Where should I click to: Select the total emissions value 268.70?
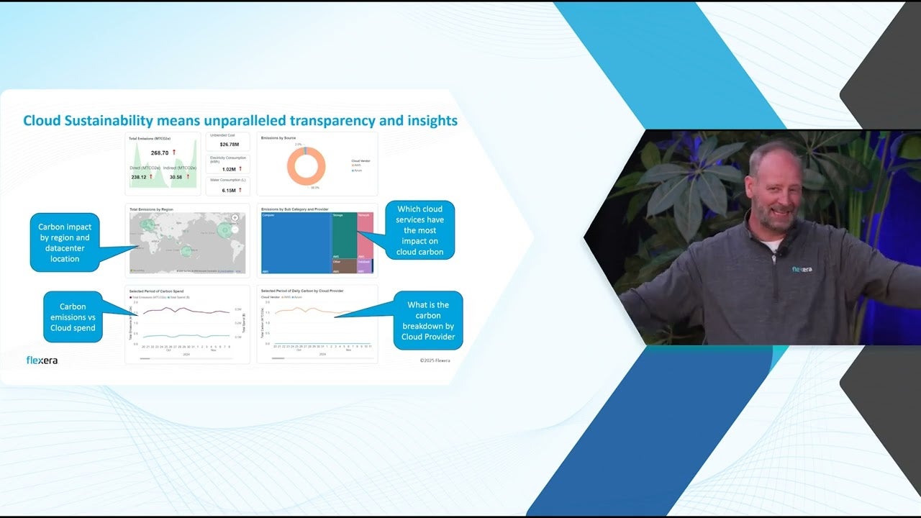[x=159, y=153]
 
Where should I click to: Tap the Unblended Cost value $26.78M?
[x=230, y=144]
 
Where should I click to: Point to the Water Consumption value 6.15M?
[x=229, y=191]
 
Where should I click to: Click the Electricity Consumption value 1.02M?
[x=229, y=169]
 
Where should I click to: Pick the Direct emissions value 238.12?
[x=139, y=177]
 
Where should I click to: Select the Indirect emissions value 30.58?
[x=176, y=177]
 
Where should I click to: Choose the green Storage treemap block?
[x=343, y=235]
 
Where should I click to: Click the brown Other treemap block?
[x=343, y=265]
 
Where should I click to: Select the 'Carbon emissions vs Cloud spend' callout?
[x=73, y=317]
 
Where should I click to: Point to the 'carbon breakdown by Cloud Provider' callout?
[x=427, y=320]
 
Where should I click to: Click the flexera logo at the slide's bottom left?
[x=42, y=360]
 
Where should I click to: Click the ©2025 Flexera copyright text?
[x=435, y=360]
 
